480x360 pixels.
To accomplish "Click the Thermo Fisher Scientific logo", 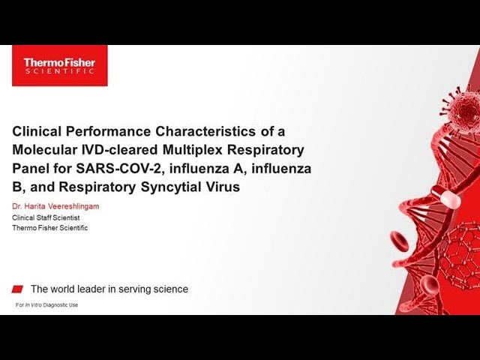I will [59, 65].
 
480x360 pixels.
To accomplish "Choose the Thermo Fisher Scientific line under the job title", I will [49, 227].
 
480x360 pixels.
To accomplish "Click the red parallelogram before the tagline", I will [18, 289].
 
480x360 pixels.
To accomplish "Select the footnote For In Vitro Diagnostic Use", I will [46, 305].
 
